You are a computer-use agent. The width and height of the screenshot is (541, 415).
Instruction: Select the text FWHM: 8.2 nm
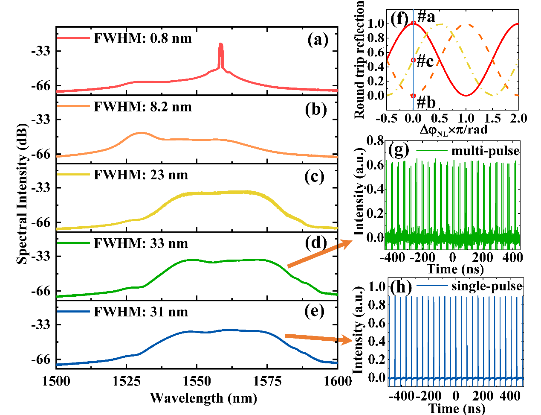(x=142, y=106)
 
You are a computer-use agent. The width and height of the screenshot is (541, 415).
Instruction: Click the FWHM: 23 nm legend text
(x=141, y=175)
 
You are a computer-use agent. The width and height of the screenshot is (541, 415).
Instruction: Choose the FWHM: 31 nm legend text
(x=141, y=312)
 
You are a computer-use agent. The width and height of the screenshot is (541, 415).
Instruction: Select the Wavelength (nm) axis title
(x=203, y=398)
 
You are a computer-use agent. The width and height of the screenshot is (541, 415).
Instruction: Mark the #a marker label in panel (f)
(x=426, y=17)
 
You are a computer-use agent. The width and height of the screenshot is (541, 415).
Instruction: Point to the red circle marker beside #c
(x=413, y=60)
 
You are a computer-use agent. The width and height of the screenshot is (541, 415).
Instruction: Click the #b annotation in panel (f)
(x=425, y=102)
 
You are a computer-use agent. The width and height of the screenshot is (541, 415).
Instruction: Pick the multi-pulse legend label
(x=485, y=151)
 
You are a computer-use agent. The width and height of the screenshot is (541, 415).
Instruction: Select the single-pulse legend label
(x=486, y=286)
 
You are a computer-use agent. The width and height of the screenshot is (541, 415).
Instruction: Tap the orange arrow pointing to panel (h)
(x=318, y=338)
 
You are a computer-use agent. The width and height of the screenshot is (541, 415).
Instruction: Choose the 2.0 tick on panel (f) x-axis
(x=518, y=118)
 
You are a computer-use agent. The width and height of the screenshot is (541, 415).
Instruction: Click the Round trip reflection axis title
(x=359, y=60)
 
